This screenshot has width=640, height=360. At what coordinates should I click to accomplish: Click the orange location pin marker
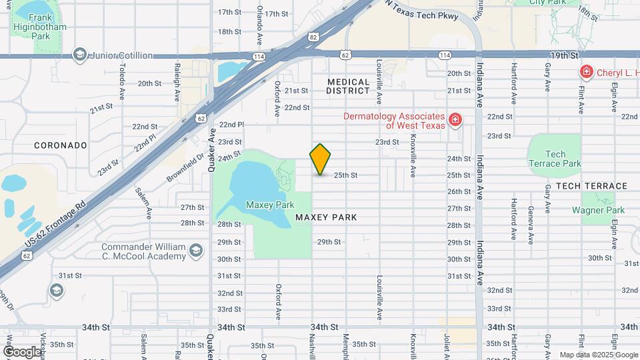[321, 159]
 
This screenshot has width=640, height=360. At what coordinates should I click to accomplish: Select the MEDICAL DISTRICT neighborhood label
[348, 86]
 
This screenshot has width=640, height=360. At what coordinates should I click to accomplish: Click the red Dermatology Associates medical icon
[455, 120]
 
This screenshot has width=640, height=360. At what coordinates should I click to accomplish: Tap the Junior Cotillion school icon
[80, 55]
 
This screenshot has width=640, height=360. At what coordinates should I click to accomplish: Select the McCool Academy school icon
[195, 251]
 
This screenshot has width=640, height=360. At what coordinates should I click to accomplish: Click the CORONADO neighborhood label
[61, 145]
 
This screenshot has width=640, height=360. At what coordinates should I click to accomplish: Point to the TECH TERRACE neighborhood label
[591, 186]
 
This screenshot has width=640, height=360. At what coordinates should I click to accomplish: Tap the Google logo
[22, 351]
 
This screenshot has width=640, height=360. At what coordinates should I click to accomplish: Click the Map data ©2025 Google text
[598, 355]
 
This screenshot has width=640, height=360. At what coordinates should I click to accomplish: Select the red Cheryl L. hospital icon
[586, 71]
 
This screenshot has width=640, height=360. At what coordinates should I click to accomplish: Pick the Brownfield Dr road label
[186, 169]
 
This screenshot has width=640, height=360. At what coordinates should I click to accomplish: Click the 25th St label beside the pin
[346, 175]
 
